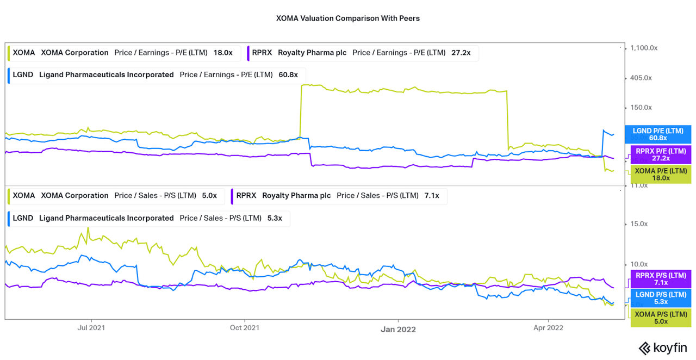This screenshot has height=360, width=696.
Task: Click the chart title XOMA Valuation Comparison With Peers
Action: tap(348, 18)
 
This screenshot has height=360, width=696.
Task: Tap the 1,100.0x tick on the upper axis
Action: tap(643, 48)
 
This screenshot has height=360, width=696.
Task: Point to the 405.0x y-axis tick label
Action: tap(641, 78)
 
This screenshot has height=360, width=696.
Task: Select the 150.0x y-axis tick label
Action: tap(641, 107)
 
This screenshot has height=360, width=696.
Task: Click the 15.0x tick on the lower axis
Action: tap(639, 224)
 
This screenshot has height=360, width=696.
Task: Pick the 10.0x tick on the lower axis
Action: tap(639, 264)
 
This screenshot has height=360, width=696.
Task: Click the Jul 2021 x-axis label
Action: tap(91, 327)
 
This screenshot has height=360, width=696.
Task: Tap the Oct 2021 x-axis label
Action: tap(244, 327)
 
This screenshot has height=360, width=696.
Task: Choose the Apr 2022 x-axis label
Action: tap(548, 327)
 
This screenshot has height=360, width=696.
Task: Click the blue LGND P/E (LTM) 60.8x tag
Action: tap(661, 134)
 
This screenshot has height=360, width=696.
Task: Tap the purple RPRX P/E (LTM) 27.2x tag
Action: tap(661, 154)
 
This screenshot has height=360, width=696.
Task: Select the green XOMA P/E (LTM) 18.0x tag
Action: tap(661, 174)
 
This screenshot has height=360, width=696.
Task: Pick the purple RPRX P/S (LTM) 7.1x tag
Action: tap(661, 279)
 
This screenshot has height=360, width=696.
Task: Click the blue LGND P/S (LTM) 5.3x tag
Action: tap(661, 298)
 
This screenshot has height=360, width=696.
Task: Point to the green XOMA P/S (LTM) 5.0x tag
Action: tap(661, 318)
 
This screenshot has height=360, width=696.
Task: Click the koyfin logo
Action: tap(662, 348)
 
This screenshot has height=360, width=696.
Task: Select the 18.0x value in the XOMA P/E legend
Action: tap(223, 53)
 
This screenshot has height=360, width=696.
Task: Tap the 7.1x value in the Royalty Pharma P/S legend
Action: tap(432, 195)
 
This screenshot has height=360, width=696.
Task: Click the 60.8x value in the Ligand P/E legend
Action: tap(288, 75)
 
